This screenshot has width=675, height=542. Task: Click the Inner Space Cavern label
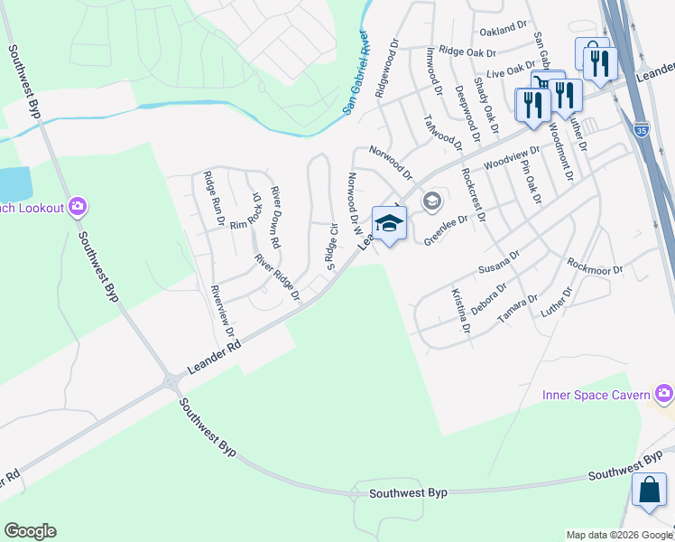click(596, 395)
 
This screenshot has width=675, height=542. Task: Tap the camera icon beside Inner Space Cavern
click(665, 393)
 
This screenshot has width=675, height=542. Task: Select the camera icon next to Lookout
click(78, 208)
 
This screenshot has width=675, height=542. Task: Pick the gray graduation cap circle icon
click(432, 201)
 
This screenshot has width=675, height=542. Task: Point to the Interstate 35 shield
click(641, 130)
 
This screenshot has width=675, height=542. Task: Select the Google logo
click(30, 531)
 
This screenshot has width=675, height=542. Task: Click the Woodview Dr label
click(512, 159)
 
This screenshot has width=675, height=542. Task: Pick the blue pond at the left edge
click(13, 183)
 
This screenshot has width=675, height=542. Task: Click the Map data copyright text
click(619, 535)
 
